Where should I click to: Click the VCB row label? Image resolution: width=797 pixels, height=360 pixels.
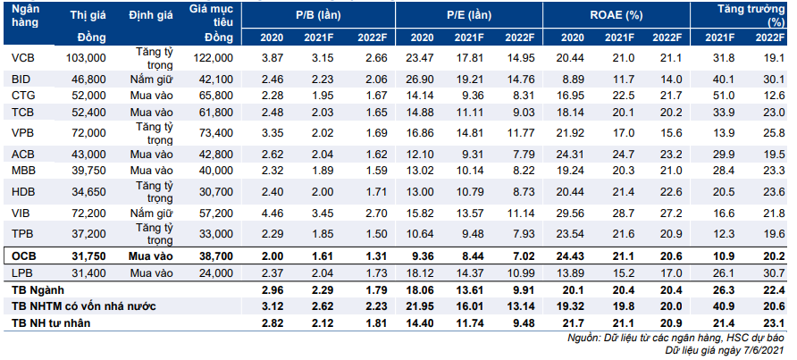pyautogui.click(x=22, y=58)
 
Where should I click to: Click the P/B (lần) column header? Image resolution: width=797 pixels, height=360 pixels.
pyautogui.click(x=319, y=16)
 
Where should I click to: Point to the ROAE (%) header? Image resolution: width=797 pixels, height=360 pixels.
pyautogui.click(x=616, y=16)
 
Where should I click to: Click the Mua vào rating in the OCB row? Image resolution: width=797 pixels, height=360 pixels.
pyautogui.click(x=151, y=255)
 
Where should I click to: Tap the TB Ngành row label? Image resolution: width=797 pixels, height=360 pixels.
pyautogui.click(x=34, y=289)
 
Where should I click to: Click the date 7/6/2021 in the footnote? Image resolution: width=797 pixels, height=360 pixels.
pyautogui.click(x=766, y=351)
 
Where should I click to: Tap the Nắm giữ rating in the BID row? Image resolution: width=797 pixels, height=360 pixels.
pyautogui.click(x=151, y=80)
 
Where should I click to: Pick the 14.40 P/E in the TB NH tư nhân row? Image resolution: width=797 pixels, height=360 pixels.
pyautogui.click(x=422, y=322)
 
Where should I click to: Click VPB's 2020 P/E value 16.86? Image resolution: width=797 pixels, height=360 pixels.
pyautogui.click(x=422, y=133)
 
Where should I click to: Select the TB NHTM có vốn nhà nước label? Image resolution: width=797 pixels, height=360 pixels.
pyautogui.click(x=83, y=306)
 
